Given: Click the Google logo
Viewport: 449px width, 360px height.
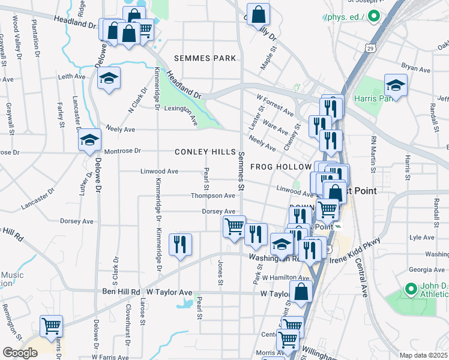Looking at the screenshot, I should (x=20, y=352).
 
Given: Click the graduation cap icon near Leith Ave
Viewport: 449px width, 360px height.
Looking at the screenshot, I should (x=109, y=78).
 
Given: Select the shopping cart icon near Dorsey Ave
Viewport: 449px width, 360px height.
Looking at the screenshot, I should (x=234, y=226).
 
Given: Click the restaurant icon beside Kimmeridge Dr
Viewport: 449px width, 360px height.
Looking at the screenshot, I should (x=180, y=244).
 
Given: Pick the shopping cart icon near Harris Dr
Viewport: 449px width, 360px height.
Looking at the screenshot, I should (x=51, y=326).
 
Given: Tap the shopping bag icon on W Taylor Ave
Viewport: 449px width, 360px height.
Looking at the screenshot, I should (x=301, y=292).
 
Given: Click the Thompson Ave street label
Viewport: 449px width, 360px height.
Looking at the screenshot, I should (x=212, y=196).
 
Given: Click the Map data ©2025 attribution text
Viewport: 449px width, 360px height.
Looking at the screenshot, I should (x=424, y=355).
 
